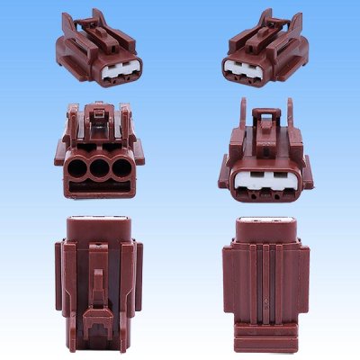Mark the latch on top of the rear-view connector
point(97,117)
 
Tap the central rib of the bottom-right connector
point(267,288)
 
